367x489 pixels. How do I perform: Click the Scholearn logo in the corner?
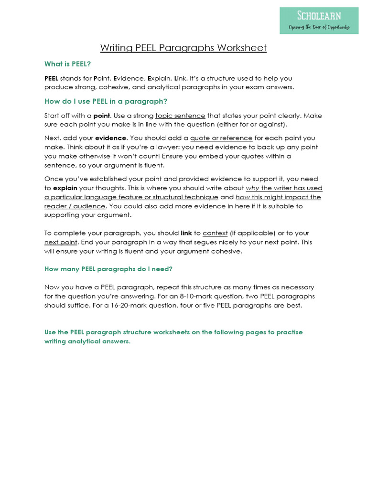(319, 20)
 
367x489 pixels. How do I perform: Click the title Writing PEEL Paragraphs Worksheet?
(183, 48)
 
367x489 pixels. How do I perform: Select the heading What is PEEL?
(67, 64)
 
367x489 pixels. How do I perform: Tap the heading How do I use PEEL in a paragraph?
(106, 101)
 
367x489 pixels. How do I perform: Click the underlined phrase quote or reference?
(221, 138)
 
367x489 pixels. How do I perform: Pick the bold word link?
(186, 233)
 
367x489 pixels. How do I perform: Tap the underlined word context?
(215, 233)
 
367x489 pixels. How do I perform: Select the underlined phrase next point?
(61, 242)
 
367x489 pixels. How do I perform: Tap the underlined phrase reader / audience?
(75, 206)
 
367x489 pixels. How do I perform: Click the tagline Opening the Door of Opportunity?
(319, 27)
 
